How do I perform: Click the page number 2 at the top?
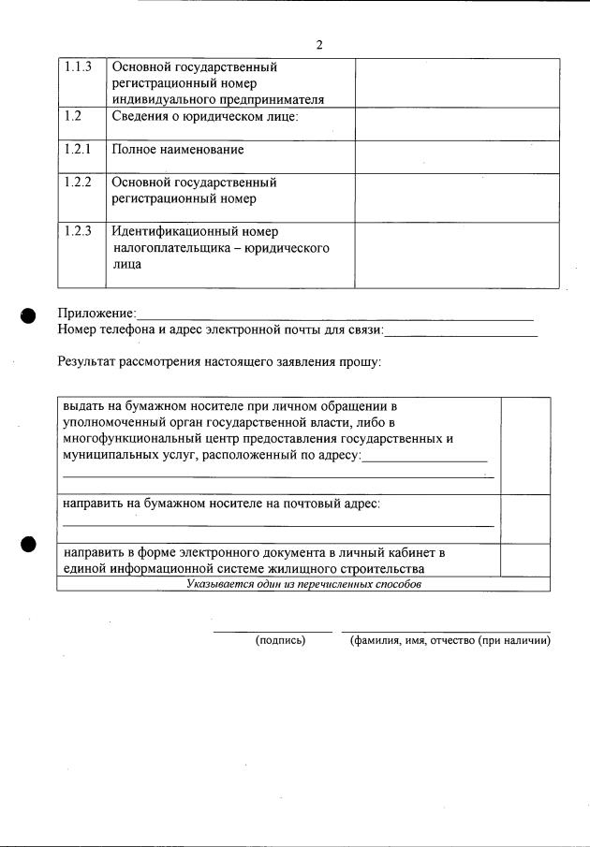319,45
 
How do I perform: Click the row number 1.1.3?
78,67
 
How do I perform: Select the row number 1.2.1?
78,149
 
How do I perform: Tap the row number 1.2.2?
78,183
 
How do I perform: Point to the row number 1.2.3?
78,231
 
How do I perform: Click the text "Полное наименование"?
178,150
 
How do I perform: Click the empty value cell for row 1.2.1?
457,156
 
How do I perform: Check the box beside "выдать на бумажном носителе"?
525,445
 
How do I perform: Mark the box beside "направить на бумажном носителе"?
525,518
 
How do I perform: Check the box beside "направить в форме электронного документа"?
525,560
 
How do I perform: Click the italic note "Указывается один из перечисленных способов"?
303,584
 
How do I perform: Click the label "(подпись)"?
281,641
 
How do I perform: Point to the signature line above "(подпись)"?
273,632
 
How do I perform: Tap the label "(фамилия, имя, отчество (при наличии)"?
450,641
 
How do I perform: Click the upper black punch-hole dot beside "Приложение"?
29,316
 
